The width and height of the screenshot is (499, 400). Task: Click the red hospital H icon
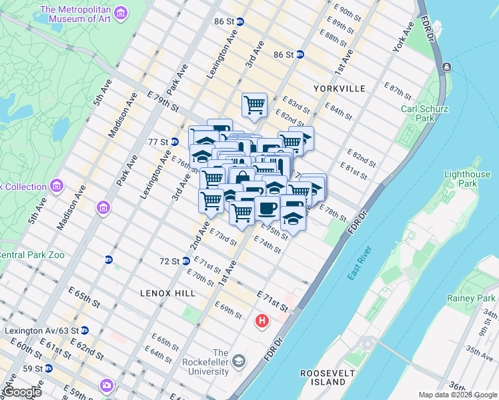pos(262,321)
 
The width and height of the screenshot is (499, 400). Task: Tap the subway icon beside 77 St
pos(174,141)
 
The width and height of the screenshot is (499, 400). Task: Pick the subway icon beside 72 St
pos(185,261)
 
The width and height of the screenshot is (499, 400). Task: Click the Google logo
pos(21,392)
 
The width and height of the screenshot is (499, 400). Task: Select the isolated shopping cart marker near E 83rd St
pos(254,104)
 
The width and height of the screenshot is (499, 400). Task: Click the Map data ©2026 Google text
pos(457,395)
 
